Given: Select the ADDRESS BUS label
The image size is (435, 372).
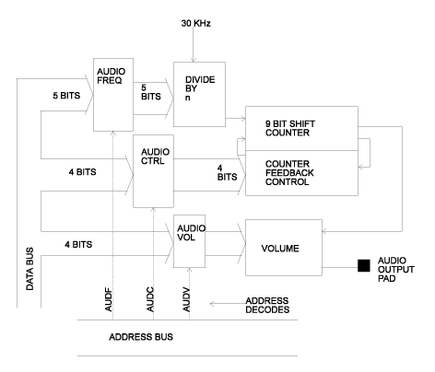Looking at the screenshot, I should pos(143,336).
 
